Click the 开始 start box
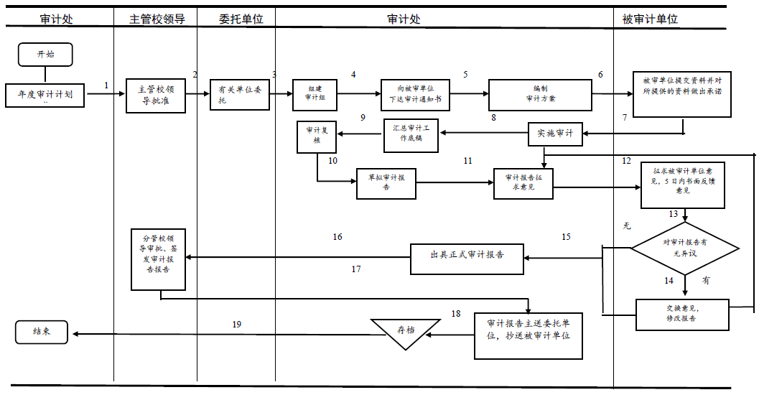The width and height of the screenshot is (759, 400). pyautogui.click(x=45, y=55)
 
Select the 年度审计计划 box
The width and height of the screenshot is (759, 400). pyautogui.click(x=45, y=95)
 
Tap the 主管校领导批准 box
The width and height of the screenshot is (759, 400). pyautogui.click(x=156, y=95)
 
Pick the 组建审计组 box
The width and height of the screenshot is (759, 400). pyautogui.click(x=315, y=95)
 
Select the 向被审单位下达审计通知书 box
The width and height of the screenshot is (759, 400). pyautogui.click(x=415, y=95)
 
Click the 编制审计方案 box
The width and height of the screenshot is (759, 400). pyautogui.click(x=540, y=95)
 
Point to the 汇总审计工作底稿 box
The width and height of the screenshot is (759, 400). pyautogui.click(x=411, y=136)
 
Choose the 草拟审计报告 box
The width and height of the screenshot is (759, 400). pyautogui.click(x=386, y=182)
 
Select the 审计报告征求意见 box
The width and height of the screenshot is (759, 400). pyautogui.click(x=523, y=182)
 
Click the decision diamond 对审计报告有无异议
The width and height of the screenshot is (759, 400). pyautogui.click(x=685, y=247)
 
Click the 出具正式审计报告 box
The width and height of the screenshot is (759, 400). pyautogui.click(x=467, y=259)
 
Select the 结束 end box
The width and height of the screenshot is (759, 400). pyautogui.click(x=42, y=332)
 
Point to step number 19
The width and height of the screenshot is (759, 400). pyautogui.click(x=237, y=325)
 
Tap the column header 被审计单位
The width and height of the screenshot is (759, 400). pyautogui.click(x=650, y=19)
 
